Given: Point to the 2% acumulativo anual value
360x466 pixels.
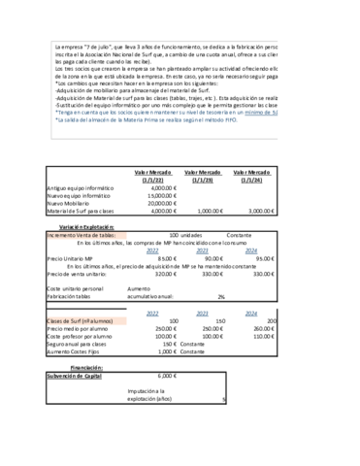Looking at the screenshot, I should (x=221, y=296).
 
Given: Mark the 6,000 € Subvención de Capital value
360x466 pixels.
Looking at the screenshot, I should (x=167, y=374).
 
